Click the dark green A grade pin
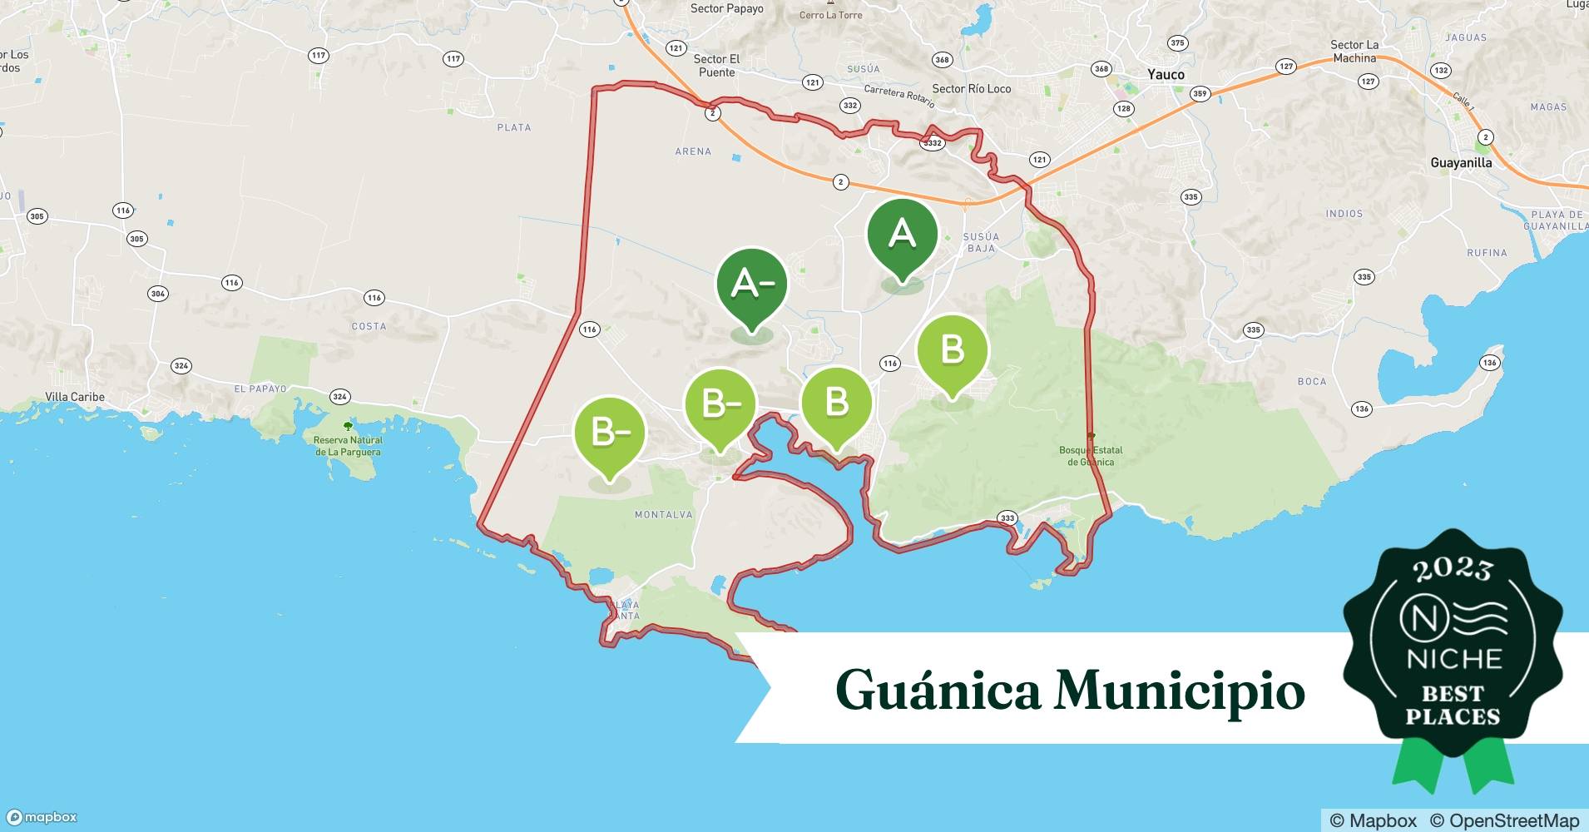pos(902,235)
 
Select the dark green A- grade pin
pos(752,285)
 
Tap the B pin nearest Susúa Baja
pos(952,349)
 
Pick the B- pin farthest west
pos(609,433)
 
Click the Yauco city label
pos(1165,74)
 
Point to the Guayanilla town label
pos(1461,163)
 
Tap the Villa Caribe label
pos(75,397)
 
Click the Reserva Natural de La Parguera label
pos(349,446)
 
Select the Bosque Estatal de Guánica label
pos(1090,456)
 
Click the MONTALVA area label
pos(663,515)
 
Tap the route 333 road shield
pos(1007,518)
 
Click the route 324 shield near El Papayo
pos(339,397)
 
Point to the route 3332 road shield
pos(932,143)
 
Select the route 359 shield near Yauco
pos(1200,94)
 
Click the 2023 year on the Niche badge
pos(1453,570)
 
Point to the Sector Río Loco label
pos(971,88)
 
